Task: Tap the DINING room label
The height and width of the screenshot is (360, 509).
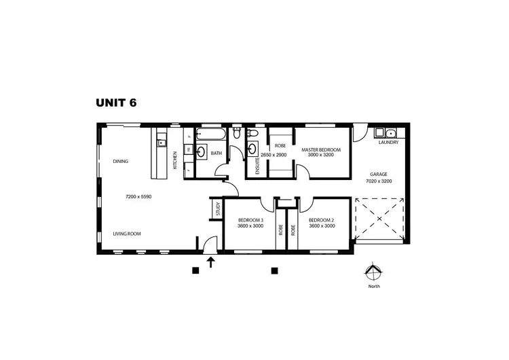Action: click(x=121, y=161)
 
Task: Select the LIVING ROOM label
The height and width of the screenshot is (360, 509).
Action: click(x=127, y=234)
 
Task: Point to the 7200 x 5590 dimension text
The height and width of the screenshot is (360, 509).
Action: click(x=139, y=197)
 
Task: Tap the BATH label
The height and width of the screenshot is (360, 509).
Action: click(x=216, y=154)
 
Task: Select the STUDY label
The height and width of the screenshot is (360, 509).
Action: click(x=218, y=209)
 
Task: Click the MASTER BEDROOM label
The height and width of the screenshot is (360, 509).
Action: click(x=321, y=149)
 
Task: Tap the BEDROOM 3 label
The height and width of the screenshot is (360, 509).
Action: click(x=251, y=220)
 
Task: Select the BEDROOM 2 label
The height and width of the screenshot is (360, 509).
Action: click(x=322, y=220)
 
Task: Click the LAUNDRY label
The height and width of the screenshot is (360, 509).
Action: click(x=390, y=143)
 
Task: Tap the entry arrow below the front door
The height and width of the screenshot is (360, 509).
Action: click(x=211, y=263)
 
